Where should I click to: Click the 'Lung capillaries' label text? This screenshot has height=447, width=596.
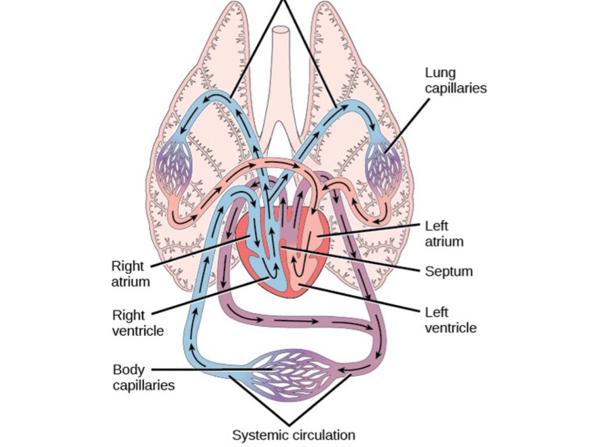click(x=455, y=80)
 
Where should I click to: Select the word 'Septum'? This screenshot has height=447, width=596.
click(x=448, y=271)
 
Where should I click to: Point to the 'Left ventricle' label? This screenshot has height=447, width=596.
click(x=450, y=320)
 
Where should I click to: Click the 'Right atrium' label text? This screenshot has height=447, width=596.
click(x=130, y=274)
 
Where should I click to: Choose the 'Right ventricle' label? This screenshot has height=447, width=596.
click(x=137, y=323)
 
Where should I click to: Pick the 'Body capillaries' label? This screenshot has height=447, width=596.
click(x=143, y=377)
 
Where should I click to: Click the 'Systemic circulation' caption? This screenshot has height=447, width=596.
click(x=293, y=435)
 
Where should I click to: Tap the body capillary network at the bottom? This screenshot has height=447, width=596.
click(x=291, y=374)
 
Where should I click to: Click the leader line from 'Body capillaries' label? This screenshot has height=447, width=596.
click(x=210, y=369)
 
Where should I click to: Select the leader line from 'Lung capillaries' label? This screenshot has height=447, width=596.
click(x=407, y=125)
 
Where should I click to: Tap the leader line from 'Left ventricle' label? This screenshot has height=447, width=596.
click(x=361, y=297)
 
